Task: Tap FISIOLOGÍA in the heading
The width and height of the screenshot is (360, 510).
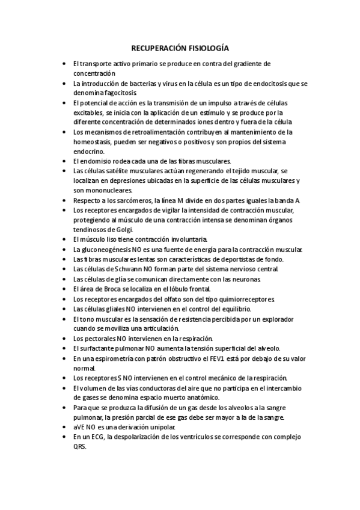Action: tap(208, 48)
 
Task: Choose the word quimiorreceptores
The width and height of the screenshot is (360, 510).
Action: tap(242, 299)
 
